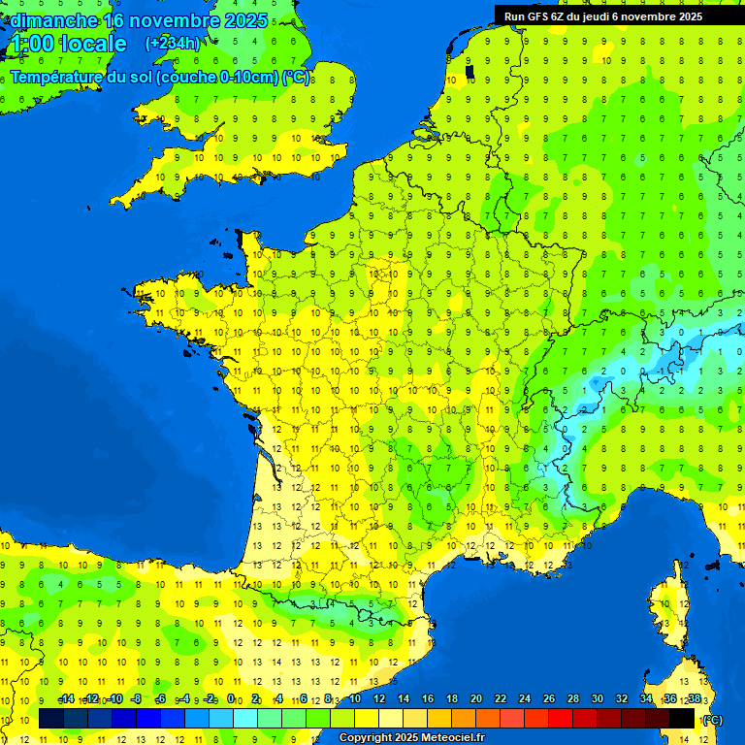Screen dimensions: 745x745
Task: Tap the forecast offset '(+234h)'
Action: (x=173, y=44)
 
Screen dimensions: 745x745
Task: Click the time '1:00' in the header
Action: (x=31, y=44)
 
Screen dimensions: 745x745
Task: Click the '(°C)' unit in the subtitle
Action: (x=296, y=77)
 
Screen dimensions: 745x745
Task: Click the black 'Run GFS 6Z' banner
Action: (x=617, y=16)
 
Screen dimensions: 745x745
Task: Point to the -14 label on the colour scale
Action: (x=66, y=698)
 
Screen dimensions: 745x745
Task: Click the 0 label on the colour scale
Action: (x=231, y=698)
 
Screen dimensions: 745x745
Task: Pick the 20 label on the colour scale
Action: (x=476, y=698)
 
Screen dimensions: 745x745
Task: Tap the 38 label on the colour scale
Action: (x=694, y=698)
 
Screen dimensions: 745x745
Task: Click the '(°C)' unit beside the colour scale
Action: (x=712, y=719)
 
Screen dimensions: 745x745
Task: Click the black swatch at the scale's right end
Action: (x=682, y=718)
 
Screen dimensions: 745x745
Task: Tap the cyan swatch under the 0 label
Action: (x=244, y=718)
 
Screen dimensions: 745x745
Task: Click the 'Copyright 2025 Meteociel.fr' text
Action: (x=410, y=738)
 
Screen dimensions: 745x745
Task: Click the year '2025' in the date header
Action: (x=238, y=20)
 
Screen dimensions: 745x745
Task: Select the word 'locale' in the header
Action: (x=94, y=44)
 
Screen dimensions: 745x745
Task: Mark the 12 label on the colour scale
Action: (x=379, y=698)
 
